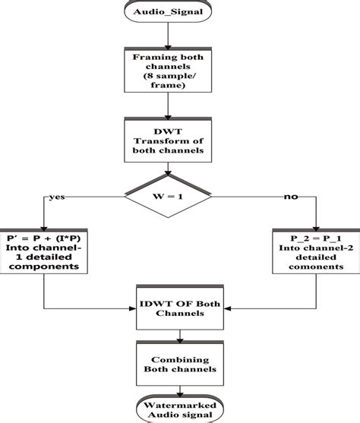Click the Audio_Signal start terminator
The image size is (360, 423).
(x=179, y=13)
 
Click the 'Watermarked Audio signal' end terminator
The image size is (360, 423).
(x=179, y=409)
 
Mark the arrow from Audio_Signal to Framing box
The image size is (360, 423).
(x=179, y=36)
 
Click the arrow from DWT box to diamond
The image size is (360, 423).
(x=179, y=171)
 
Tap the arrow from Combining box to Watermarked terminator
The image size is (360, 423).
(x=179, y=387)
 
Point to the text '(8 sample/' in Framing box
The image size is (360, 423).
(x=179, y=78)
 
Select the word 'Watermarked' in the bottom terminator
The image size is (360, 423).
(x=179, y=404)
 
